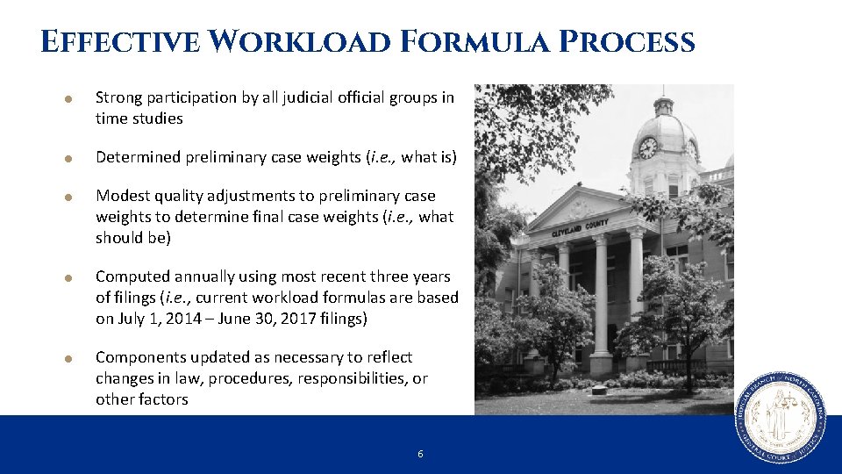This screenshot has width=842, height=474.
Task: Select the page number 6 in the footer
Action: pos(420,454)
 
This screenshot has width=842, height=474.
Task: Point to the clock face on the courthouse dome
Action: pos(648,147)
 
